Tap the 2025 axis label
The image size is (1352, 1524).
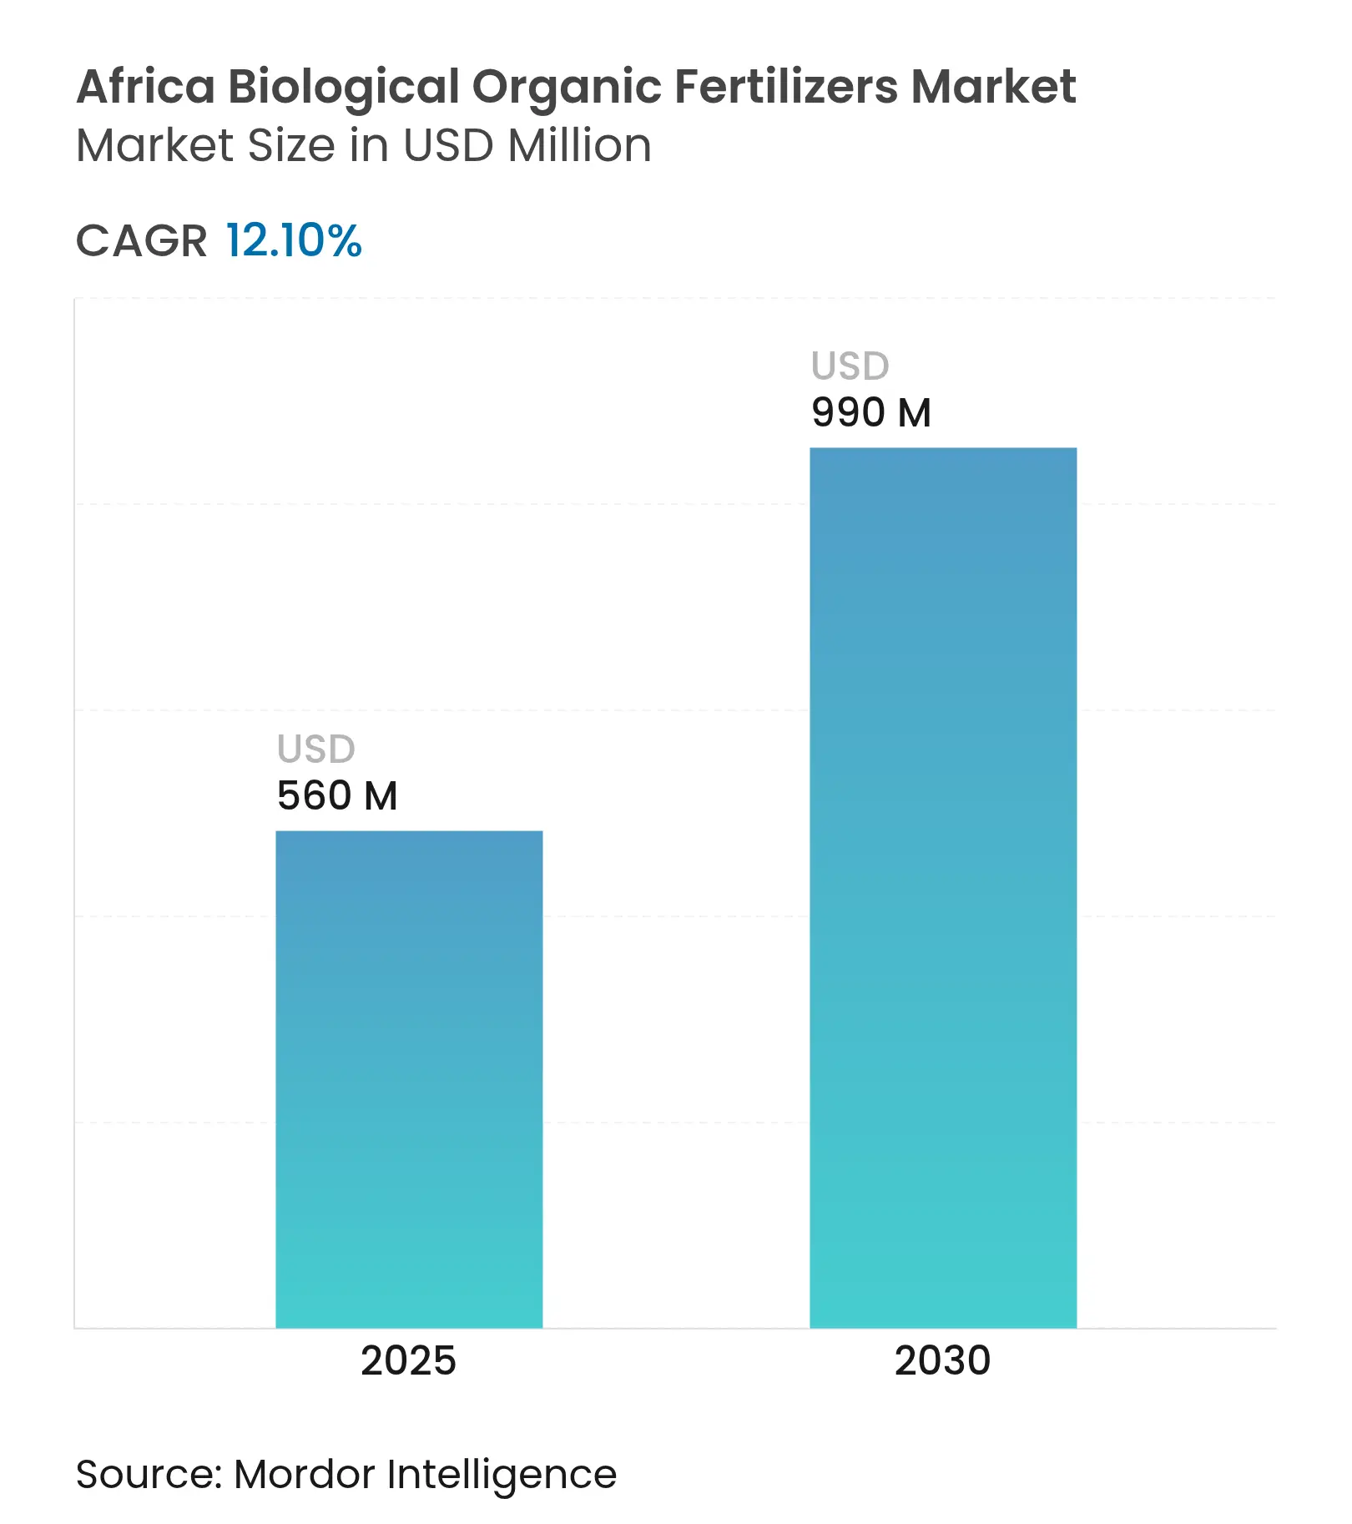408,1360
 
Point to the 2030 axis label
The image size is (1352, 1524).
942,1360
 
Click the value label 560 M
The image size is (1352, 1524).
337,795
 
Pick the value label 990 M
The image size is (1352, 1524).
871,412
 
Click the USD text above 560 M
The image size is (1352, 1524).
316,749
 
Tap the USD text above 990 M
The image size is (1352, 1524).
850,366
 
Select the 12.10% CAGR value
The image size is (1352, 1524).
294,240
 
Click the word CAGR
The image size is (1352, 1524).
141,241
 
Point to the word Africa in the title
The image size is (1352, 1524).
146,87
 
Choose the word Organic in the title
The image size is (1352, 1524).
567,87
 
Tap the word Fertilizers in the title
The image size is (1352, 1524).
785,87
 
